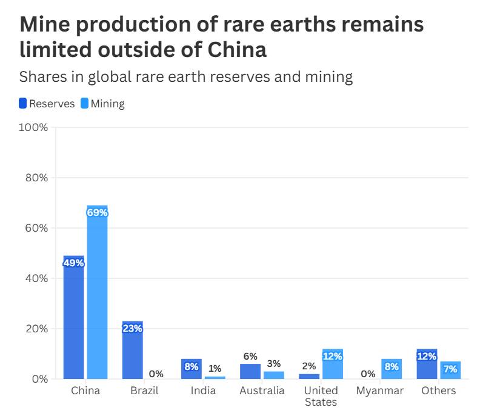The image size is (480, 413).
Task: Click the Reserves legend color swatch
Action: pos(23,103)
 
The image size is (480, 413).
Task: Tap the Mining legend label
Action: pos(108,104)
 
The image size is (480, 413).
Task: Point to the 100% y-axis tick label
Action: pos(35,128)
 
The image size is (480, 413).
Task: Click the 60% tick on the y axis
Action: pos(36,228)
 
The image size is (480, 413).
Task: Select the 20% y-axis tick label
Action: pos(36,329)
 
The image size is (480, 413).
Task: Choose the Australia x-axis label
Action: pos(262,391)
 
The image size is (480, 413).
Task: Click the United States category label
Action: pos(321,396)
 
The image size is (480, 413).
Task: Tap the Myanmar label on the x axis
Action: pos(380,391)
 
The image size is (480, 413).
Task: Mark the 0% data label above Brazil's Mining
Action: pos(156,374)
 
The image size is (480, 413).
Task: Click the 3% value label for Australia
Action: pos(274,364)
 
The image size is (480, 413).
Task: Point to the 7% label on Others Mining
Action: pos(450,369)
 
